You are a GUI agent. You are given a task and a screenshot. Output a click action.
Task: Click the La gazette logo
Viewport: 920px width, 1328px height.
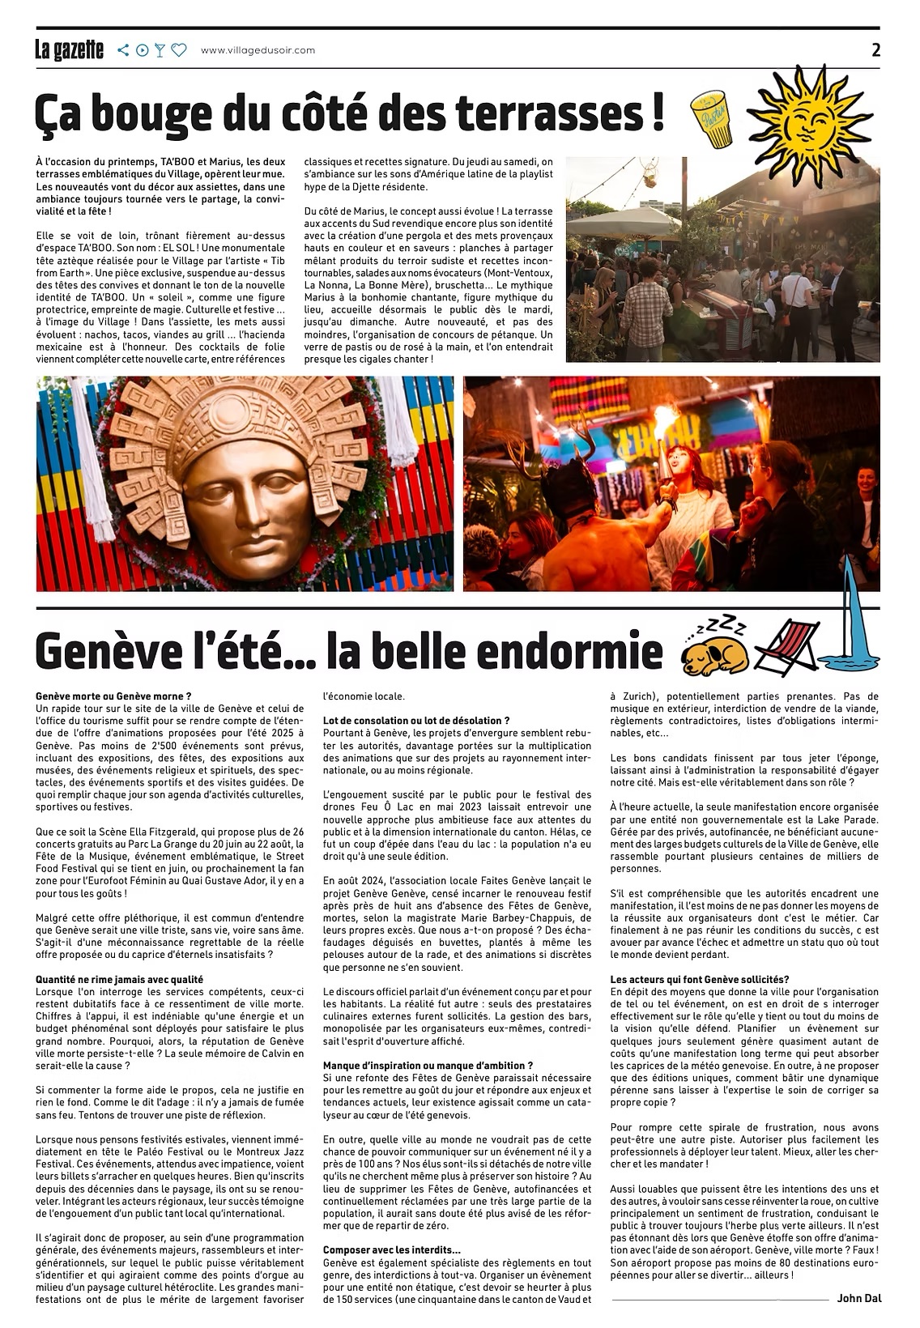[x=69, y=50]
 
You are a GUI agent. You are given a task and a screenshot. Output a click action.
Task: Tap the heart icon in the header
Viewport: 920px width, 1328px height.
[x=179, y=50]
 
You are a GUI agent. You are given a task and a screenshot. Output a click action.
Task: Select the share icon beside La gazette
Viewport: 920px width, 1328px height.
[x=123, y=50]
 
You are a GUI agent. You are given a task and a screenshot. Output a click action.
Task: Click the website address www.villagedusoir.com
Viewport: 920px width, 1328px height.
[x=258, y=50]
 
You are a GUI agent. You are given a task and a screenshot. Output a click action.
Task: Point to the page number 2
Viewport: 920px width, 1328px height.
[x=875, y=49]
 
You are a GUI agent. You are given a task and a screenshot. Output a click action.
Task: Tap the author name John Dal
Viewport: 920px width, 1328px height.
[x=859, y=1298]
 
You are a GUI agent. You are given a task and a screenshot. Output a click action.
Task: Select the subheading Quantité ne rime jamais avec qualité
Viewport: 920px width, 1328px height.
[x=119, y=979]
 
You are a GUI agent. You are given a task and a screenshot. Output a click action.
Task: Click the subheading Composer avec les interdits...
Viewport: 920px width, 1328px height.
[x=391, y=1249]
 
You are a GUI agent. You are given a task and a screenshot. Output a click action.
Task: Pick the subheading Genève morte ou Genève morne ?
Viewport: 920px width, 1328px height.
[x=113, y=695]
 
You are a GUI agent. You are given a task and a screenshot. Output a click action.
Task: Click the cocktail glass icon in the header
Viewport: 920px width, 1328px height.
[x=160, y=50]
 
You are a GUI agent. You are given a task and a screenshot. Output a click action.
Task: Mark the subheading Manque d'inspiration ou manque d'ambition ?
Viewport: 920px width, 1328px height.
[x=428, y=1065]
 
